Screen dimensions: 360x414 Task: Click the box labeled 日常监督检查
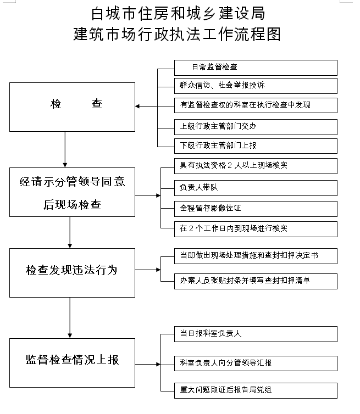pyautogui.click(x=256, y=68)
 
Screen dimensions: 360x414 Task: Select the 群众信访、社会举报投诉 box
pyautogui.click(x=256, y=86)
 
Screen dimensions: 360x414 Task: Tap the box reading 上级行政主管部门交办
pyautogui.click(x=256, y=127)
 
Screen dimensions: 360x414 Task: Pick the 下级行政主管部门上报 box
pyautogui.click(x=256, y=146)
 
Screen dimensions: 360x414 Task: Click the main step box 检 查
pyautogui.click(x=72, y=107)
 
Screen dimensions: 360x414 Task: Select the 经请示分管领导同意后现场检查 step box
pyautogui.click(x=72, y=192)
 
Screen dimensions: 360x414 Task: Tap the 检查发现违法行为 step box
pyautogui.click(x=72, y=273)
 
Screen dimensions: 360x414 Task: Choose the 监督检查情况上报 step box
pyautogui.click(x=72, y=363)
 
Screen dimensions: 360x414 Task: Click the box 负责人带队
pyautogui.click(x=256, y=188)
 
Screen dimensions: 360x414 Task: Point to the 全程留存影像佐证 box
pyautogui.click(x=256, y=209)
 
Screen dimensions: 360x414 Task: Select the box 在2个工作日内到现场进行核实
pyautogui.click(x=256, y=229)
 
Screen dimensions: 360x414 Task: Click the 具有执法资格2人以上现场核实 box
pyautogui.click(x=256, y=166)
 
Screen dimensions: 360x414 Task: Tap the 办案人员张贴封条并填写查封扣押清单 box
pyautogui.click(x=256, y=281)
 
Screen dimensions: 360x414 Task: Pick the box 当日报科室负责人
pyautogui.click(x=256, y=334)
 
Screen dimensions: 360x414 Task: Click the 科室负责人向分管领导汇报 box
pyautogui.click(x=256, y=363)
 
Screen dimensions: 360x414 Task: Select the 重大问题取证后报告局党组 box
pyautogui.click(x=256, y=390)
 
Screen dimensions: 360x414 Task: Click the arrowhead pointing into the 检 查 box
pyautogui.click(x=137, y=106)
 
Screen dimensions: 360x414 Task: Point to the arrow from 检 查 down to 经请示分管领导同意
pyautogui.click(x=65, y=149)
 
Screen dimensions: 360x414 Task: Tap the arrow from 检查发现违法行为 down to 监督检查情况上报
pyautogui.click(x=70, y=317)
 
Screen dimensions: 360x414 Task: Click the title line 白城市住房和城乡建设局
pyautogui.click(x=178, y=14)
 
